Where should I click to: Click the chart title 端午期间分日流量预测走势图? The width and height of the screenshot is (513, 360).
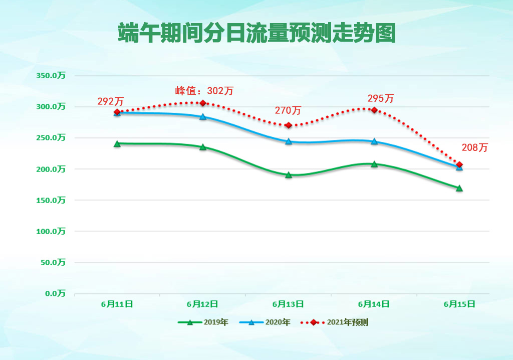[x=256, y=33]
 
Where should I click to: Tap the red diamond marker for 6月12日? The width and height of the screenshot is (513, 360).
[x=203, y=103]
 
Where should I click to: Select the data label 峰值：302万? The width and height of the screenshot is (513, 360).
[x=204, y=91]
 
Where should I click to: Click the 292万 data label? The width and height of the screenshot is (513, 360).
[x=110, y=101]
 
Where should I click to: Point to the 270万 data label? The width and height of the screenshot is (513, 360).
[x=288, y=110]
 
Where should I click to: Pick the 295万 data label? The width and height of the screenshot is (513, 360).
[x=381, y=98]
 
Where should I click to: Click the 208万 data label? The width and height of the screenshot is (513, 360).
[x=474, y=148]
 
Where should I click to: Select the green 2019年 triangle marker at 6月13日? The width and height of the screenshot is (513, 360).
[x=289, y=175]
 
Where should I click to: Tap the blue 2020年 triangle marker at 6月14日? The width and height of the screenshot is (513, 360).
[x=374, y=141]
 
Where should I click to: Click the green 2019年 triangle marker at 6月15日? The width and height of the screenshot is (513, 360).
[x=459, y=188]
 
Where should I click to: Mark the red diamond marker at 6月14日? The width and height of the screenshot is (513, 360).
[x=374, y=110]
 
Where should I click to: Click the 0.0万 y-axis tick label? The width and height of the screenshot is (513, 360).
[x=55, y=293]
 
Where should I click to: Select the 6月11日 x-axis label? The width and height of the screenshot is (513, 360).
[x=117, y=304]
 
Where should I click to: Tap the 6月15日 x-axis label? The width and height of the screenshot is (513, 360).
[x=459, y=304]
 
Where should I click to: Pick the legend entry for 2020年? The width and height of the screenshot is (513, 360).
[x=265, y=322]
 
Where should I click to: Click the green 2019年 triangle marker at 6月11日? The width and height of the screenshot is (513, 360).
[x=117, y=143]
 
